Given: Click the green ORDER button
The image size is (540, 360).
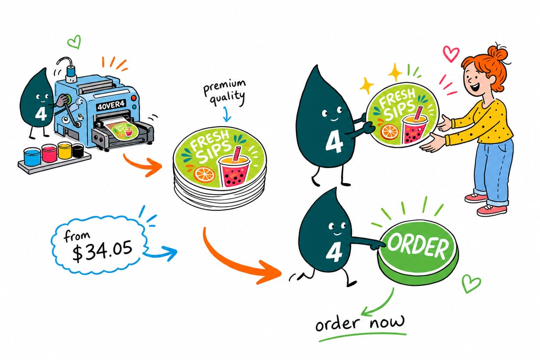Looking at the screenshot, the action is pos(418,254).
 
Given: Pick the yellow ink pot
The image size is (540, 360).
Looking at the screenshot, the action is pos(64,150).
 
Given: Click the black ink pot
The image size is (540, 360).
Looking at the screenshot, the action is pos(78,150).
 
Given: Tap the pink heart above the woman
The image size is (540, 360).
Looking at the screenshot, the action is pos(451,54).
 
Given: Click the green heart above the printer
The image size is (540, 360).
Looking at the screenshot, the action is pos(74,42).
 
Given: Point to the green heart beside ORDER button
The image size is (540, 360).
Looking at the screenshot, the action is pos(471,283).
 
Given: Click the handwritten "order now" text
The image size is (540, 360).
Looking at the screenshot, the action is pos(360,323).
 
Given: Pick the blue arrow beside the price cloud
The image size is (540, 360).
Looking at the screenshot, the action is pos(160,254).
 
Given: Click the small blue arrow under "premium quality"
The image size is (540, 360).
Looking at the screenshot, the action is pos(226,115).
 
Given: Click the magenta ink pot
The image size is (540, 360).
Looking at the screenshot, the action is pos(49,153).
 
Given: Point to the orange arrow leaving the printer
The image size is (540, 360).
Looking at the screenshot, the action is pos(142,165).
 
